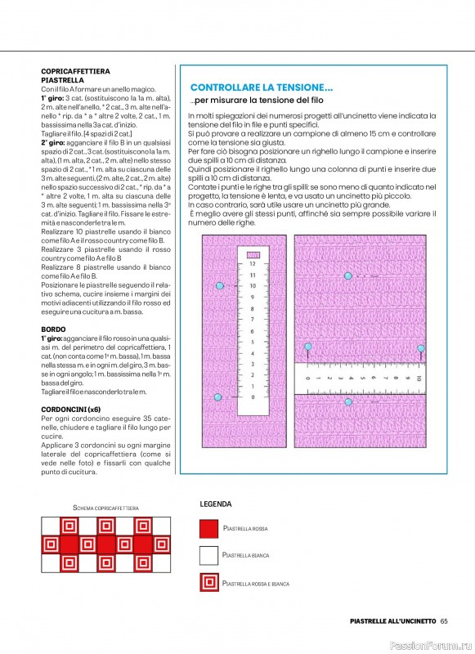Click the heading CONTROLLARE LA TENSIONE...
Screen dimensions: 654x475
(261, 87)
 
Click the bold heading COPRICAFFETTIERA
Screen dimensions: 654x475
(75, 72)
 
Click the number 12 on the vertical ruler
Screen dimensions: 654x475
(253, 264)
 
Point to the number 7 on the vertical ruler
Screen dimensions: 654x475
(253, 320)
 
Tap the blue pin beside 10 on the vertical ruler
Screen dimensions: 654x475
(218, 285)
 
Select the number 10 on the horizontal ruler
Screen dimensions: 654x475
(418, 379)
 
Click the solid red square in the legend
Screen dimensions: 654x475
(209, 529)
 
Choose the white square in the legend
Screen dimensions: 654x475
(209, 556)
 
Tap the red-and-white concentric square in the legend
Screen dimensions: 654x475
(209, 583)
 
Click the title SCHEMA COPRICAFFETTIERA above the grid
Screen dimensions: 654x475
(105, 508)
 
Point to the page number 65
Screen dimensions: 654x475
(444, 620)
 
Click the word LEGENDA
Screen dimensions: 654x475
(216, 504)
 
